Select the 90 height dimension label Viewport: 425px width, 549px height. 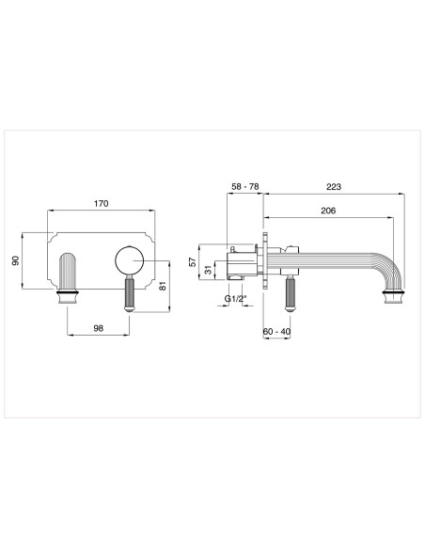15,260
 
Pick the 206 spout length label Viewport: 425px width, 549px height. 328,212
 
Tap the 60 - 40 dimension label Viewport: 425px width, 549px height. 276,332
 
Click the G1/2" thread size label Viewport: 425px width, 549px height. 237,299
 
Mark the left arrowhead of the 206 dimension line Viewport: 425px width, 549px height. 269,219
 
